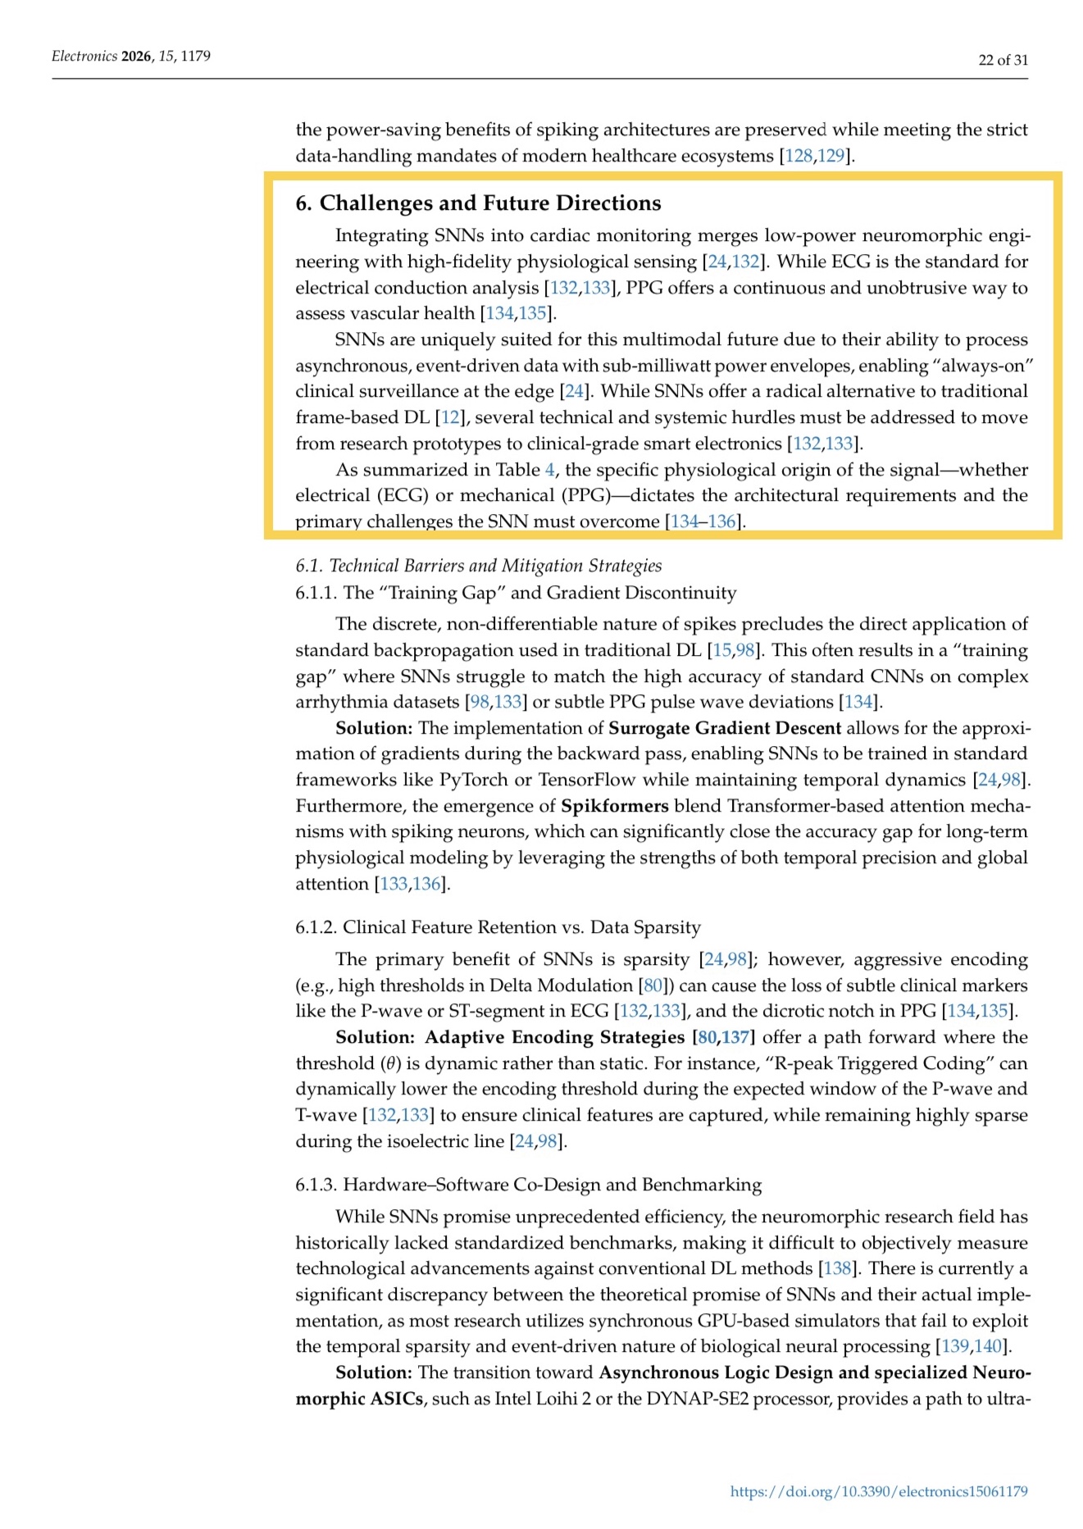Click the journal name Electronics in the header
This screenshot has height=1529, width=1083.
[x=84, y=56]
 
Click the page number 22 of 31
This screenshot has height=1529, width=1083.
[x=1003, y=60]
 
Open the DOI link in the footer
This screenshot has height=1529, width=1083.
[x=878, y=1491]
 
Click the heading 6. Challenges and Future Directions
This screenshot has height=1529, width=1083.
[x=478, y=203]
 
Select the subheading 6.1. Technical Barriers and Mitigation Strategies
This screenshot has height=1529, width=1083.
[x=478, y=566]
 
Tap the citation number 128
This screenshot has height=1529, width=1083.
[x=799, y=156]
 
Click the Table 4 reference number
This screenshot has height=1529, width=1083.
[x=549, y=470]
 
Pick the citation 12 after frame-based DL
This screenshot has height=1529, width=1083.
[x=450, y=417]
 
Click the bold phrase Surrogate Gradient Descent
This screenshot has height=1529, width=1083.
[x=725, y=728]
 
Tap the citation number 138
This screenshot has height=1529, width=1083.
[x=837, y=1268]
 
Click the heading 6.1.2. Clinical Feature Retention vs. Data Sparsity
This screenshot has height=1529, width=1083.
[x=498, y=927]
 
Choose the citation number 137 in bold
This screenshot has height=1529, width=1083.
[x=735, y=1037]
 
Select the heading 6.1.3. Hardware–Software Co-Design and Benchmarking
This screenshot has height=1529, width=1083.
[x=528, y=1185]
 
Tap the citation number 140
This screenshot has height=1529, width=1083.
[x=988, y=1346]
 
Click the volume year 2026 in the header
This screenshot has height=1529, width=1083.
[x=136, y=56]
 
